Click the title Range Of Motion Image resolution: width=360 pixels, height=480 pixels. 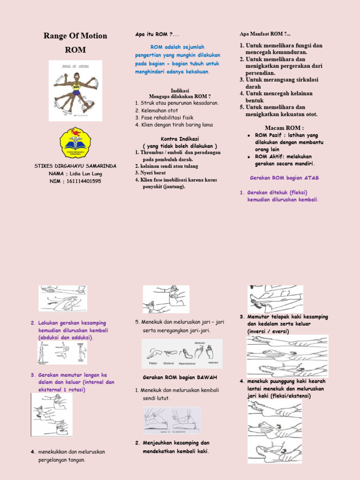pyautogui.click(x=75, y=36)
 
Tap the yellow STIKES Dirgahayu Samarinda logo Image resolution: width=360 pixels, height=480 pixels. pyautogui.click(x=75, y=143)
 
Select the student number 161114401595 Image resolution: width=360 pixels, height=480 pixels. pyautogui.click(x=84, y=181)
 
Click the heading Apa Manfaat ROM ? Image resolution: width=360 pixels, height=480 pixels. pyautogui.click(x=264, y=34)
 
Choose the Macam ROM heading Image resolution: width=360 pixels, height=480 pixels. pyautogui.click(x=284, y=128)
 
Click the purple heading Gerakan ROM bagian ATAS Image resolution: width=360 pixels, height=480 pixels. pyautogui.click(x=277, y=178)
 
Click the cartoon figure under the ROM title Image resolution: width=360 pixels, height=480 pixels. pyautogui.click(x=74, y=91)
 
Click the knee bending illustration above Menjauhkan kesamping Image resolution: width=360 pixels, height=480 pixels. pyautogui.click(x=172, y=420)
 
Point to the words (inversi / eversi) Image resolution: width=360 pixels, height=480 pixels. pyautogui.click(x=268, y=331)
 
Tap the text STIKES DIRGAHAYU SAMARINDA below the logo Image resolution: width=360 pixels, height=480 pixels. pyautogui.click(x=75, y=166)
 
